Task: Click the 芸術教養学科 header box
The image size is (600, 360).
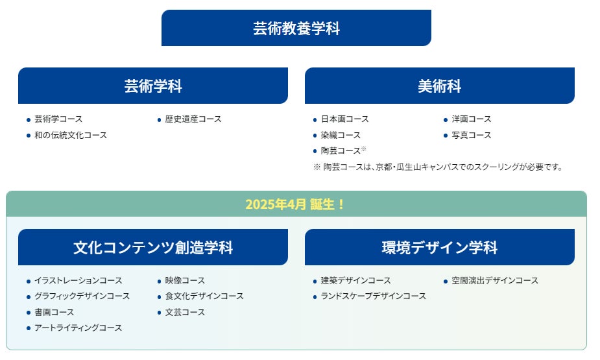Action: tap(296, 29)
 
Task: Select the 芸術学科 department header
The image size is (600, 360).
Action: tap(153, 86)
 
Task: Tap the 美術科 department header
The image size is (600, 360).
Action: tap(439, 86)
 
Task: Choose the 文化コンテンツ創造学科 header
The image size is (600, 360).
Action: tap(153, 248)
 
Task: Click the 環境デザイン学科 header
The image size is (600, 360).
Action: tap(439, 248)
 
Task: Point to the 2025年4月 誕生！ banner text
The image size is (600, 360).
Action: tap(296, 204)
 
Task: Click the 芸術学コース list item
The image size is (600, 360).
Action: tap(58, 119)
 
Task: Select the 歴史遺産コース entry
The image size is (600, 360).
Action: tap(193, 119)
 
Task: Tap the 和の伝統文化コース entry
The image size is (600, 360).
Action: tap(71, 136)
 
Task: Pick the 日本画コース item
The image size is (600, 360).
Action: tap(344, 119)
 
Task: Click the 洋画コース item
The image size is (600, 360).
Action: tap(471, 119)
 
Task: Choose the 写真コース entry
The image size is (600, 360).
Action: tap(471, 136)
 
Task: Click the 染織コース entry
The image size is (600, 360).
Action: tap(341, 136)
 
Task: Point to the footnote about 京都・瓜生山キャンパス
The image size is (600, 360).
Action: tap(438, 167)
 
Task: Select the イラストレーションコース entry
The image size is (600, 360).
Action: tap(78, 281)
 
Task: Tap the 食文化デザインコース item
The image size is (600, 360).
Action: tap(204, 296)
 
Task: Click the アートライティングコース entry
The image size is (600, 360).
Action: tap(78, 328)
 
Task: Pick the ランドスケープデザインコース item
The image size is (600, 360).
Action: tap(373, 296)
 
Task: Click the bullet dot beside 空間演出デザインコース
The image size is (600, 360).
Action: tap(446, 282)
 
